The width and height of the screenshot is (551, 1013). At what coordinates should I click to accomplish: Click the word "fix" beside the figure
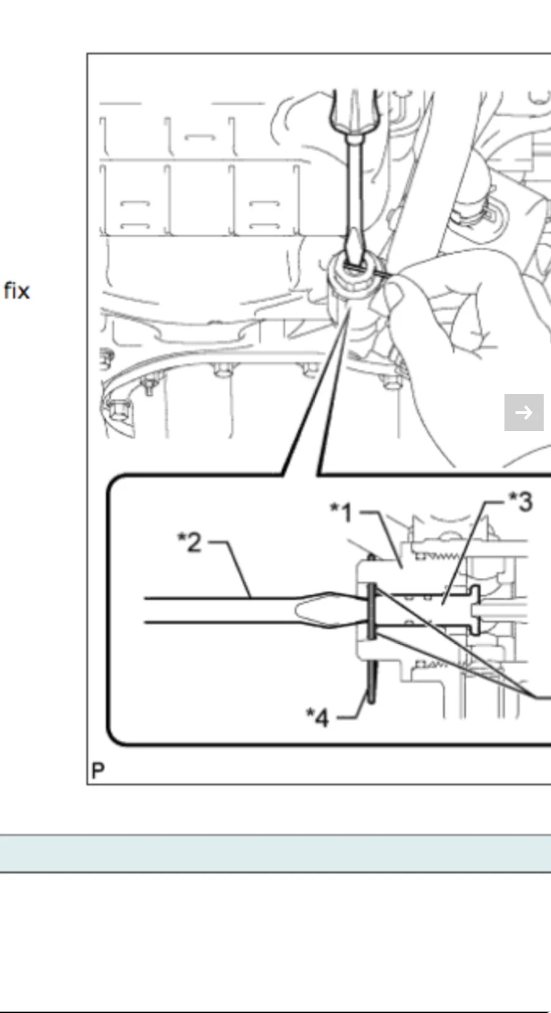click(x=17, y=290)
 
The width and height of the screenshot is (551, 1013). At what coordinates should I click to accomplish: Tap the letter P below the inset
click(x=97, y=770)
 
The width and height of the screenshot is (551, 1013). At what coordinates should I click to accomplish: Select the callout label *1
click(x=342, y=512)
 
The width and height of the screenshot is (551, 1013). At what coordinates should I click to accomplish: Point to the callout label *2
click(x=190, y=542)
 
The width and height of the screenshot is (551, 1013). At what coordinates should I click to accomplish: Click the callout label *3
click(x=521, y=502)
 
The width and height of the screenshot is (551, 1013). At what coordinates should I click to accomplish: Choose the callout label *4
click(x=318, y=717)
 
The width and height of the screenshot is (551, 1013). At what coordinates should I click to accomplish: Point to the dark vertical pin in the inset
click(x=371, y=612)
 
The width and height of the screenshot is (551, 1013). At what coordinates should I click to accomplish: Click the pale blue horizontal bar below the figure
click(x=275, y=852)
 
